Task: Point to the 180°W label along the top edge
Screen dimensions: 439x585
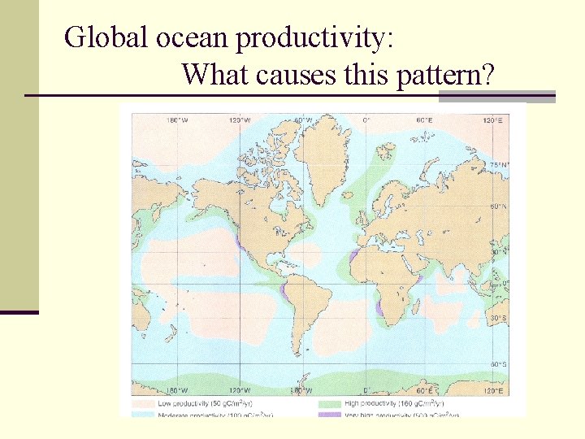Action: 176,120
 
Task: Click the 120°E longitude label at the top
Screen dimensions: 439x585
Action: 492,120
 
